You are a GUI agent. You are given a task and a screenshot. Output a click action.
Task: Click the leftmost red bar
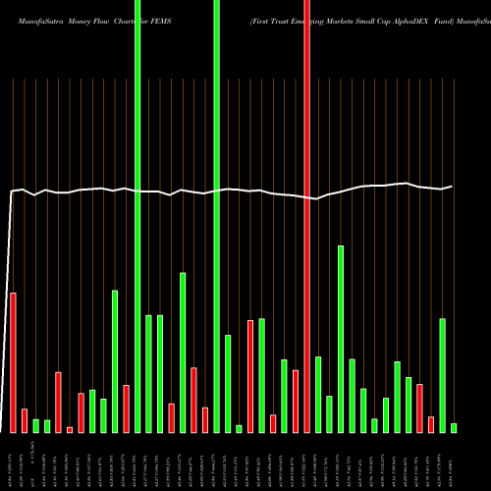14,362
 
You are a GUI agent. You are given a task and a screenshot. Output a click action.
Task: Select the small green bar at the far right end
454,427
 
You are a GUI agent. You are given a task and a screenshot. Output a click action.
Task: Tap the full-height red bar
306,216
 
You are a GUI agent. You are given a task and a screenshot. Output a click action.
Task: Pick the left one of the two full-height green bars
137,216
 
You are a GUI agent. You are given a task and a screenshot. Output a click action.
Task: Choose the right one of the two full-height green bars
216,216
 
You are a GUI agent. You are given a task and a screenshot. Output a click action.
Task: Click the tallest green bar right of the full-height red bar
341,339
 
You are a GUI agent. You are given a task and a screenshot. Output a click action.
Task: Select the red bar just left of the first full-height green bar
127,409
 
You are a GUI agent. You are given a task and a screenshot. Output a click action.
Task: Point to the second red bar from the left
25,420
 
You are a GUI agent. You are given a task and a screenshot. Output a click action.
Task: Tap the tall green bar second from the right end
442,375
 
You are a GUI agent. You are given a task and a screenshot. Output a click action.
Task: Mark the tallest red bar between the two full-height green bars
193,400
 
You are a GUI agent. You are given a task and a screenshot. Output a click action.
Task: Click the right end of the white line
453,186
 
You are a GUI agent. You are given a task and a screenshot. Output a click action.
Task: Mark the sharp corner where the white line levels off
13,191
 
